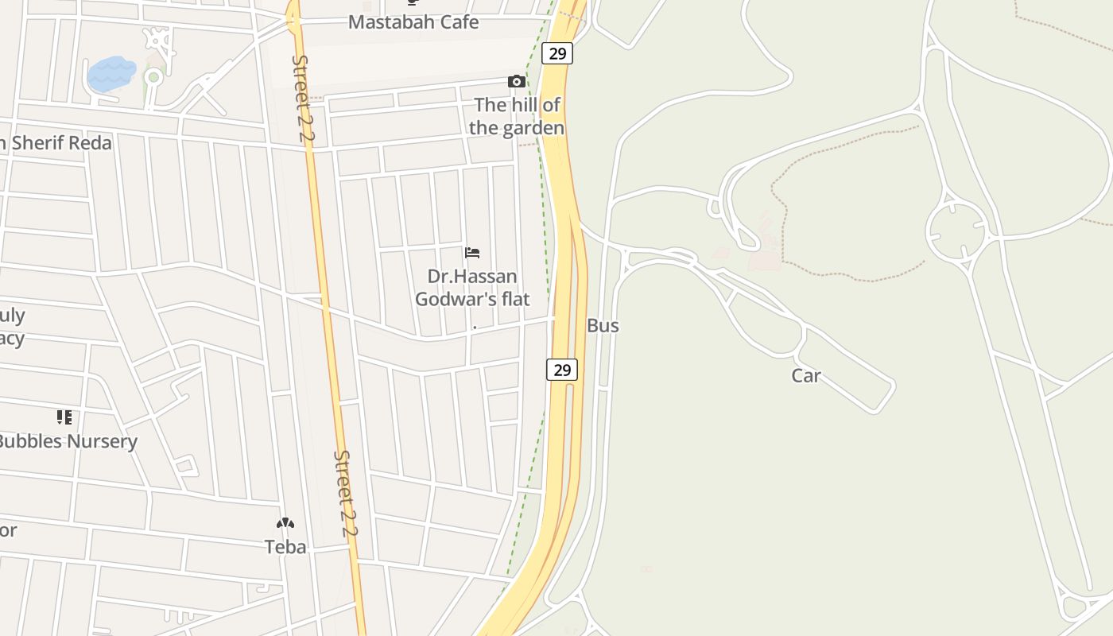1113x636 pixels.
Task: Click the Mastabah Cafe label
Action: (413, 22)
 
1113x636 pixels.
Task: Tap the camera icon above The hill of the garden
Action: (516, 81)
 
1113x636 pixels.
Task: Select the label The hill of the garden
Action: (517, 116)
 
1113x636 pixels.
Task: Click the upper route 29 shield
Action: (557, 53)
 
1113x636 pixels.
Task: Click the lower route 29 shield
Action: (561, 370)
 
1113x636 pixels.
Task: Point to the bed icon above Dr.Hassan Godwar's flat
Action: (472, 253)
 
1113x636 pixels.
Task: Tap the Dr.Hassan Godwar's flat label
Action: (472, 288)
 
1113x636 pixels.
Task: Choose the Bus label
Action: (603, 325)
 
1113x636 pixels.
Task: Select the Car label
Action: (805, 375)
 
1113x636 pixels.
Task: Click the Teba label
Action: (285, 547)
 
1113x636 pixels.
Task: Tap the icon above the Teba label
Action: (285, 523)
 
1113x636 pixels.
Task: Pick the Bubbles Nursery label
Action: (68, 441)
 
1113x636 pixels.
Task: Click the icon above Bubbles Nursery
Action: (64, 417)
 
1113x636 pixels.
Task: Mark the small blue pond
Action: (111, 73)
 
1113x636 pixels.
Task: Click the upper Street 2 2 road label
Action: (303, 98)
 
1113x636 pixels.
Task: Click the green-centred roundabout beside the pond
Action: (153, 77)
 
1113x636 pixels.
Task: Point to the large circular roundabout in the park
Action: (956, 231)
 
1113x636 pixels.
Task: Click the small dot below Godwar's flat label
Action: (475, 327)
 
